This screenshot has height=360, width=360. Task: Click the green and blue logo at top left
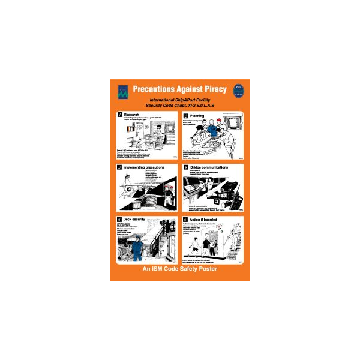(x=122, y=91)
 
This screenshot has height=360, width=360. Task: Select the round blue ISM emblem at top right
(x=238, y=91)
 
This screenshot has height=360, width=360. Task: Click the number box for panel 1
(x=119, y=115)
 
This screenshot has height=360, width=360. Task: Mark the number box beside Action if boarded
(x=185, y=220)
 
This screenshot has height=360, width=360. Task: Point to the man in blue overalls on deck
(x=138, y=248)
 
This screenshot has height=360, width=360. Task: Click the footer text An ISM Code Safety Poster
(x=179, y=269)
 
